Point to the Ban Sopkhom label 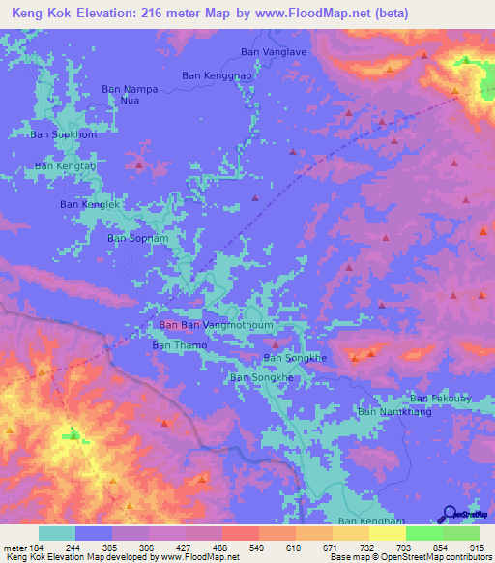click(x=64, y=135)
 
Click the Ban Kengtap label click(x=66, y=166)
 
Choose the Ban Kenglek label click(x=90, y=204)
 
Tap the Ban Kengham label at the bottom click(x=367, y=521)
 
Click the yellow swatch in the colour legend click(x=387, y=533)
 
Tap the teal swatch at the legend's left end click(x=57, y=533)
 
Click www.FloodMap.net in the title click(x=308, y=14)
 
